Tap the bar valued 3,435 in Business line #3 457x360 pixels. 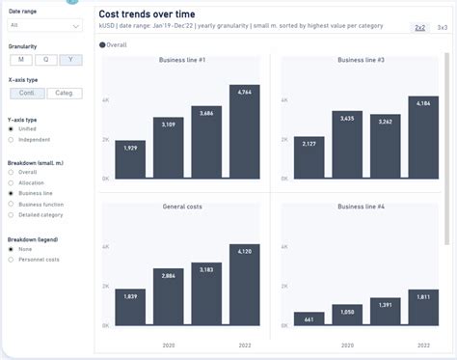point(347,145)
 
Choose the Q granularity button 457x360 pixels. point(44,60)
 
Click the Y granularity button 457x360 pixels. point(70,60)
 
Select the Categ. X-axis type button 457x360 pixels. point(65,94)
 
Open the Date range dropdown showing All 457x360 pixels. point(45,25)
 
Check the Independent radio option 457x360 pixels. point(11,139)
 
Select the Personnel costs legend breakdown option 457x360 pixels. point(11,260)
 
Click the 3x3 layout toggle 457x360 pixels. point(442,28)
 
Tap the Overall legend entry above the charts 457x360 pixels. point(115,44)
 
